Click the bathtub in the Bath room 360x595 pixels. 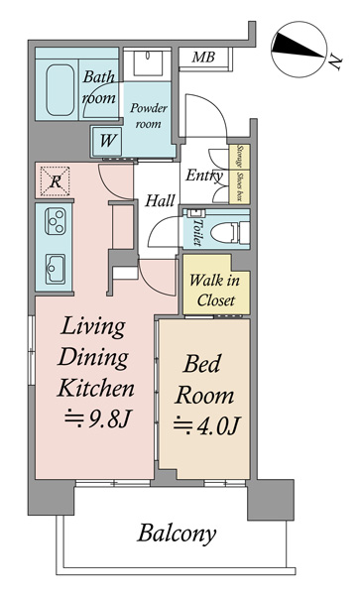[60, 90]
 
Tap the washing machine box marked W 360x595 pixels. [106, 141]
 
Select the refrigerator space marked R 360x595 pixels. [56, 181]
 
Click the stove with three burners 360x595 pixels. [56, 221]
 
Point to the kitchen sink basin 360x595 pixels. [56, 269]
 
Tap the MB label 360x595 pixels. [203, 58]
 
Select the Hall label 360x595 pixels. [160, 200]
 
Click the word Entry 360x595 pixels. [204, 176]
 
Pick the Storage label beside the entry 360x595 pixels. [239, 156]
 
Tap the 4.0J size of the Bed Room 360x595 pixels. [206, 426]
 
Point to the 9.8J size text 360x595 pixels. [98, 418]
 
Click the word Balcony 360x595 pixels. [177, 534]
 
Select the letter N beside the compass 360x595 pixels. [335, 62]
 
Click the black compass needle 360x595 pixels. [299, 46]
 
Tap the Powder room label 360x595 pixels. [149, 116]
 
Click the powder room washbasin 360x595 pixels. [148, 63]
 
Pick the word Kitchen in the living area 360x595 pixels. [95, 388]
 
